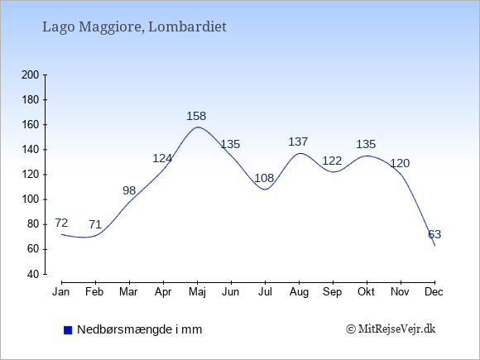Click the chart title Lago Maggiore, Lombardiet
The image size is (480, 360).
(x=134, y=27)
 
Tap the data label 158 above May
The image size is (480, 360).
(x=196, y=116)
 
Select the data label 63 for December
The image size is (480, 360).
(x=434, y=234)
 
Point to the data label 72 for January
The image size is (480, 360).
(x=61, y=223)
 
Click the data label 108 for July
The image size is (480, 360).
(x=264, y=178)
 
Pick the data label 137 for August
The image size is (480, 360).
(x=298, y=142)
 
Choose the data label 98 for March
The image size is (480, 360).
(x=129, y=190)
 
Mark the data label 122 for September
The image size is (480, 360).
(x=332, y=161)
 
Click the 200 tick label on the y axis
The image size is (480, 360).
(x=30, y=75)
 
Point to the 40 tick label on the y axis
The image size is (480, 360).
(x=33, y=274)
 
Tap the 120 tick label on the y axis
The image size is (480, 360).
(x=30, y=175)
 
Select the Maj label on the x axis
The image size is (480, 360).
(x=197, y=292)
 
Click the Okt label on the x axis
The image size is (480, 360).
(x=366, y=292)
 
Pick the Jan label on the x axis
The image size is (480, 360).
(x=61, y=292)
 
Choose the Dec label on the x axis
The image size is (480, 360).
(x=434, y=292)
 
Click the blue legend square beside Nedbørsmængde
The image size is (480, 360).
(x=68, y=330)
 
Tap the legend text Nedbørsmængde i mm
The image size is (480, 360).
(x=140, y=329)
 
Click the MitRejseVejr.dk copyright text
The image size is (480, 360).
(x=391, y=329)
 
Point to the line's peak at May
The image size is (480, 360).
(x=198, y=127)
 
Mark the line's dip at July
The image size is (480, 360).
(x=265, y=190)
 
